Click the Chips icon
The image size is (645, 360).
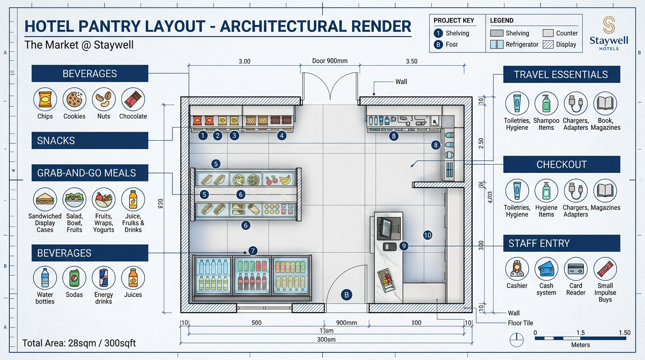tap(45, 99)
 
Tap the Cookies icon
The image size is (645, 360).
tap(74, 99)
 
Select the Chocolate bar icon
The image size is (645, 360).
tap(133, 99)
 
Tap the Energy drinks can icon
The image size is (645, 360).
tap(104, 278)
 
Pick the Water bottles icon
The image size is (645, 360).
tap(45, 278)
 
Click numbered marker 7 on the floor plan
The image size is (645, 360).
tap(253, 251)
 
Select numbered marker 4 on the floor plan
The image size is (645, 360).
tap(281, 135)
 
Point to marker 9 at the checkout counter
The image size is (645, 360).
tap(405, 246)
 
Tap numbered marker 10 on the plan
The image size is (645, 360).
tap(427, 235)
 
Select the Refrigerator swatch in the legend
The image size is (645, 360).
tap(496, 45)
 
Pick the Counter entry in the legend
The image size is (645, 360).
tap(548, 33)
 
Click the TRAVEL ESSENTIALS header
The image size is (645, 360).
tap(561, 75)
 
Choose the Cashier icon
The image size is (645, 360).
tap(517, 269)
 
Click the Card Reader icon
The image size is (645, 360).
tap(576, 269)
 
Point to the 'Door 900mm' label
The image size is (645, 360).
tap(330, 61)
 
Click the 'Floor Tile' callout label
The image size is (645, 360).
tap(520, 323)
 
